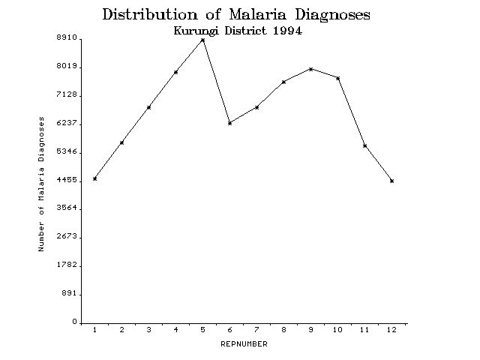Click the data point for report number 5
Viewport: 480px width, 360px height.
coord(202,40)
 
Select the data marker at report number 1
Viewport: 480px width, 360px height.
coord(94,178)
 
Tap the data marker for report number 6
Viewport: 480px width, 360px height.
coord(229,122)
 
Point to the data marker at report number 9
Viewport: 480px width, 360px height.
coord(310,69)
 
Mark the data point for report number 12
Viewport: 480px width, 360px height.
coord(391,181)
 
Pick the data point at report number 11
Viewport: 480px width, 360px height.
coord(364,145)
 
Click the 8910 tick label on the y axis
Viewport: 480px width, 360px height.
coord(66,37)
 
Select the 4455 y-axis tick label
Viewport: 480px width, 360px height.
coord(66,180)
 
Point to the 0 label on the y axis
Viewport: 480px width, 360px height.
coord(74,322)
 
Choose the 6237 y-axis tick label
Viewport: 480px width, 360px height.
coord(66,123)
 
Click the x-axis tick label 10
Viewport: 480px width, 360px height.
coord(337,330)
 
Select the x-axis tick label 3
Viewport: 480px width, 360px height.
coord(148,330)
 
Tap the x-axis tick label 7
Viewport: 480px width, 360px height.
coord(256,330)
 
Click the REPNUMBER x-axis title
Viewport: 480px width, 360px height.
coord(244,344)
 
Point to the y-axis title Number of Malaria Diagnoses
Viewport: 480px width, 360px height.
coord(42,184)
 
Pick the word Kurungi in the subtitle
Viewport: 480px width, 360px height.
coord(199,31)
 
